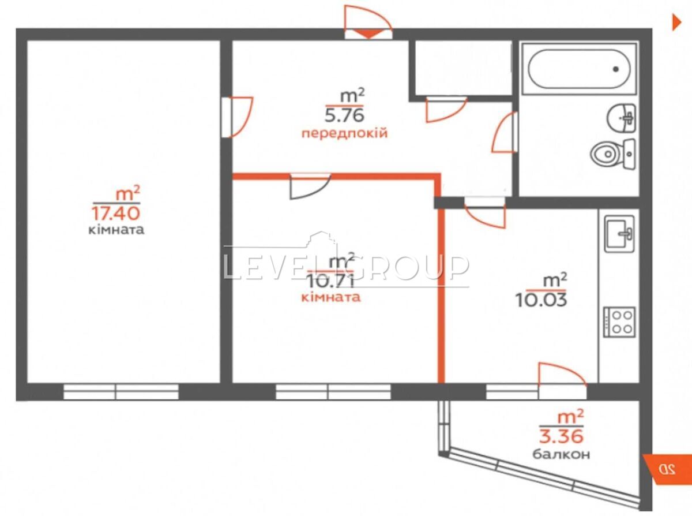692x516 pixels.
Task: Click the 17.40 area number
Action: pyautogui.click(x=116, y=214)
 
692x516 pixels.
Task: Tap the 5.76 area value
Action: pyautogui.click(x=344, y=116)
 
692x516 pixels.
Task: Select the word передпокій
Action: pyautogui.click(x=344, y=134)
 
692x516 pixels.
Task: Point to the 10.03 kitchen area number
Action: pyautogui.click(x=541, y=301)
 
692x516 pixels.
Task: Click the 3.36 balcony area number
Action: pyautogui.click(x=561, y=437)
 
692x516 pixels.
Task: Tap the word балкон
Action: pyautogui.click(x=561, y=454)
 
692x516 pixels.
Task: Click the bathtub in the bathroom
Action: pyautogui.click(x=579, y=69)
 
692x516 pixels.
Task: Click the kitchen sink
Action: pyautogui.click(x=619, y=234)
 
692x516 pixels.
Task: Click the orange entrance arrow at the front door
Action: pyautogui.click(x=368, y=33)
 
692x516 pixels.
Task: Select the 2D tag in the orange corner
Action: pyautogui.click(x=667, y=469)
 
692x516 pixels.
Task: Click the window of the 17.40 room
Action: pyautogui.click(x=121, y=392)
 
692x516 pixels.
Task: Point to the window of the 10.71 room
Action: pyautogui.click(x=333, y=392)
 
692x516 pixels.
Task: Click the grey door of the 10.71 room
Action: pyautogui.click(x=310, y=187)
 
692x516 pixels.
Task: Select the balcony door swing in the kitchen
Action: pyautogui.click(x=562, y=375)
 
